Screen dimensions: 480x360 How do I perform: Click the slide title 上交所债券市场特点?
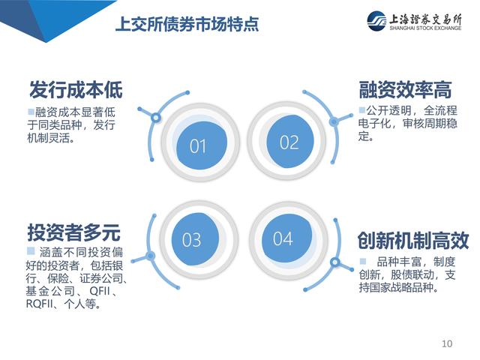187,24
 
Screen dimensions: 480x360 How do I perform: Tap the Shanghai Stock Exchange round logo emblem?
376,21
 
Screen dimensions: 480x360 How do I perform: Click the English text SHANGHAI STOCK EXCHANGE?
425,28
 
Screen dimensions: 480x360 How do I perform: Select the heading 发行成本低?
76,90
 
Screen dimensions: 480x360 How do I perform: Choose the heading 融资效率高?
405,90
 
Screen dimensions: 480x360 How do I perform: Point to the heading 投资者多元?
73,232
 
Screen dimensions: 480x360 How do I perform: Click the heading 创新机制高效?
413,240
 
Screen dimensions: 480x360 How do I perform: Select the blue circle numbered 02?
290,142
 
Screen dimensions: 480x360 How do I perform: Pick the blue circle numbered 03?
195,238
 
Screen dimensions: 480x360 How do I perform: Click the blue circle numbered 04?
286,238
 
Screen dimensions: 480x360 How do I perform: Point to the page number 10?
447,343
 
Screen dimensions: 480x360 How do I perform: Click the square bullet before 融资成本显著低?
31,112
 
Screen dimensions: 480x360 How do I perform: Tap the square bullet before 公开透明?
361,109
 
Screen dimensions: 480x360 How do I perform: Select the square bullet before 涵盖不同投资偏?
31,251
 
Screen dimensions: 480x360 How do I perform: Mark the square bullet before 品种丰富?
363,261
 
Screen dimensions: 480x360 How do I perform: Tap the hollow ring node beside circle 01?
156,117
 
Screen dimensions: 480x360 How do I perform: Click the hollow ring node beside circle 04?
335,262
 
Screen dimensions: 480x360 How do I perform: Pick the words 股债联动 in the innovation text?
412,275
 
